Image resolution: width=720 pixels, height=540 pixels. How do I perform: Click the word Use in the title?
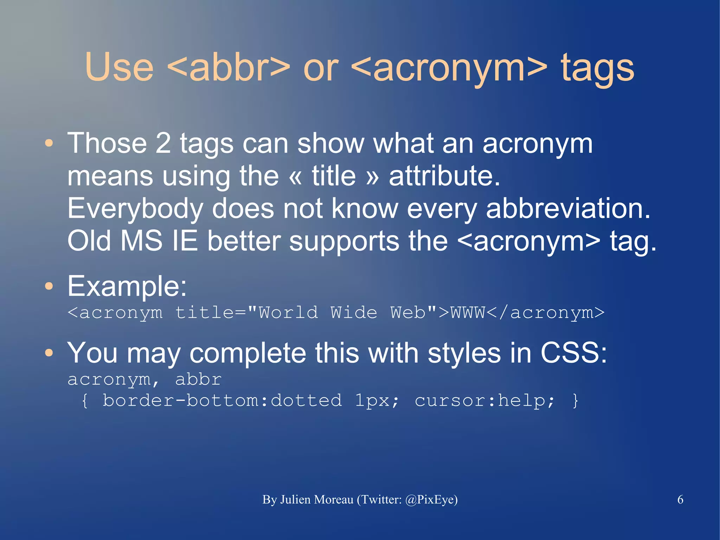click(119, 67)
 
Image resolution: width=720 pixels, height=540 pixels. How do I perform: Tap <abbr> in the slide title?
click(229, 67)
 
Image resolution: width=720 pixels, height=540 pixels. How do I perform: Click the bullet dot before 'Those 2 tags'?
click(49, 143)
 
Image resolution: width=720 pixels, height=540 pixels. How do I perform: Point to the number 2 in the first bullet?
click(163, 143)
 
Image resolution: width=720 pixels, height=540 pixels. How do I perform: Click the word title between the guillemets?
click(334, 176)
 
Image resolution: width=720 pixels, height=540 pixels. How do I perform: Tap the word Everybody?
click(135, 208)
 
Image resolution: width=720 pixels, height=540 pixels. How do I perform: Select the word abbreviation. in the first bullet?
click(568, 208)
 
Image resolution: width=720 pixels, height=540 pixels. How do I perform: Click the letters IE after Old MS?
click(185, 241)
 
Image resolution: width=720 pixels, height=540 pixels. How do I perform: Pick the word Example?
click(127, 286)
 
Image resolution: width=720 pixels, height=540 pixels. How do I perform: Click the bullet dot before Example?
click(49, 286)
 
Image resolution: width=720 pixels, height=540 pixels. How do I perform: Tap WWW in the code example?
click(468, 312)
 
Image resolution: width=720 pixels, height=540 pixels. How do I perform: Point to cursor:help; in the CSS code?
click(485, 401)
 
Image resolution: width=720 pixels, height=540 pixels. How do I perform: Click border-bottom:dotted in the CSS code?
click(222, 401)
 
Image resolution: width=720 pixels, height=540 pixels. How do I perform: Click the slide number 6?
click(680, 500)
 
